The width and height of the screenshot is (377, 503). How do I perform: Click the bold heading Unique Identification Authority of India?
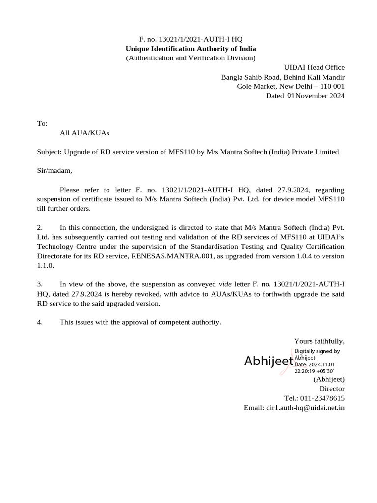190,49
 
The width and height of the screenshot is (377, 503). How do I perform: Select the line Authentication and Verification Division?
190,58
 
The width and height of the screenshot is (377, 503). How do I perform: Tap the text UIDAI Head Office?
315,67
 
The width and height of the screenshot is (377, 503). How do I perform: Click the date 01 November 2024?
315,96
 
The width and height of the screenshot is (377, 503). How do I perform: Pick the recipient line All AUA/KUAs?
84,133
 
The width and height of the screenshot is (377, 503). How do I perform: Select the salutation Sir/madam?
54,171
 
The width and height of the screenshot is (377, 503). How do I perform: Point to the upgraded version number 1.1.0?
45,265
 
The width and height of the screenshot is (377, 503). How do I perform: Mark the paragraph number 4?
40,322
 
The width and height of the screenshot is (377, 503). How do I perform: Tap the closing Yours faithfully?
319,341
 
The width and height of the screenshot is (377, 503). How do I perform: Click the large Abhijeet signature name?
269,362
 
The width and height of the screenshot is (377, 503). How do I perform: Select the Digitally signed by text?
317,351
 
